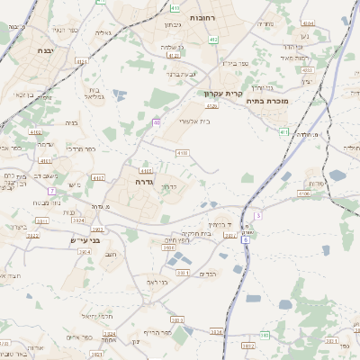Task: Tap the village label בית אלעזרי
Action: click(x=193, y=120)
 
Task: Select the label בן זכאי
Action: click(x=20, y=94)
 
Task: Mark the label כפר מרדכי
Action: click(x=80, y=148)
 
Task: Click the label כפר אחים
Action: click(x=80, y=337)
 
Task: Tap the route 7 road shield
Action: click(x=52, y=191)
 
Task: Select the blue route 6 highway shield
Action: click(x=245, y=240)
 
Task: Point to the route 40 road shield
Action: click(x=157, y=122)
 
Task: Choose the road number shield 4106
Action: click(x=304, y=193)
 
